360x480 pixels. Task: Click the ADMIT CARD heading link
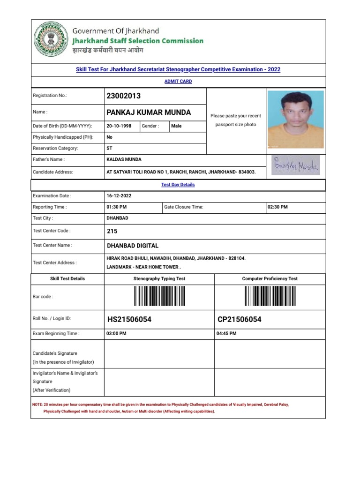[x=178, y=82]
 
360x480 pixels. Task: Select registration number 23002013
[x=124, y=96]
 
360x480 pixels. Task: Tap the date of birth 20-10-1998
[x=119, y=126]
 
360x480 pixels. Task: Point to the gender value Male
[x=176, y=126]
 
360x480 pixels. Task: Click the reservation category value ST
[x=109, y=148]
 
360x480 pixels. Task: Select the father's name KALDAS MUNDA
[x=124, y=160]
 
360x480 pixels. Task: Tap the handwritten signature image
[x=295, y=165]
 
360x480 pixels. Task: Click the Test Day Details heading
[x=178, y=185]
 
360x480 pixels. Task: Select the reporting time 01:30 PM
[x=117, y=207]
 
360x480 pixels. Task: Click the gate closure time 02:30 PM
[x=277, y=207]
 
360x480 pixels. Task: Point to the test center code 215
[x=112, y=231]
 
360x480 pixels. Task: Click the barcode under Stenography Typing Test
[x=159, y=296]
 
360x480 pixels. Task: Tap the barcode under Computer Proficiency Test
[x=270, y=296]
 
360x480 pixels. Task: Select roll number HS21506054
[x=129, y=320]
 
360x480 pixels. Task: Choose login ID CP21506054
[x=240, y=320]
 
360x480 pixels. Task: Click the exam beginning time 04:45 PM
[x=226, y=334]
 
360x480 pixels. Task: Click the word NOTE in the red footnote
[x=37, y=404]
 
